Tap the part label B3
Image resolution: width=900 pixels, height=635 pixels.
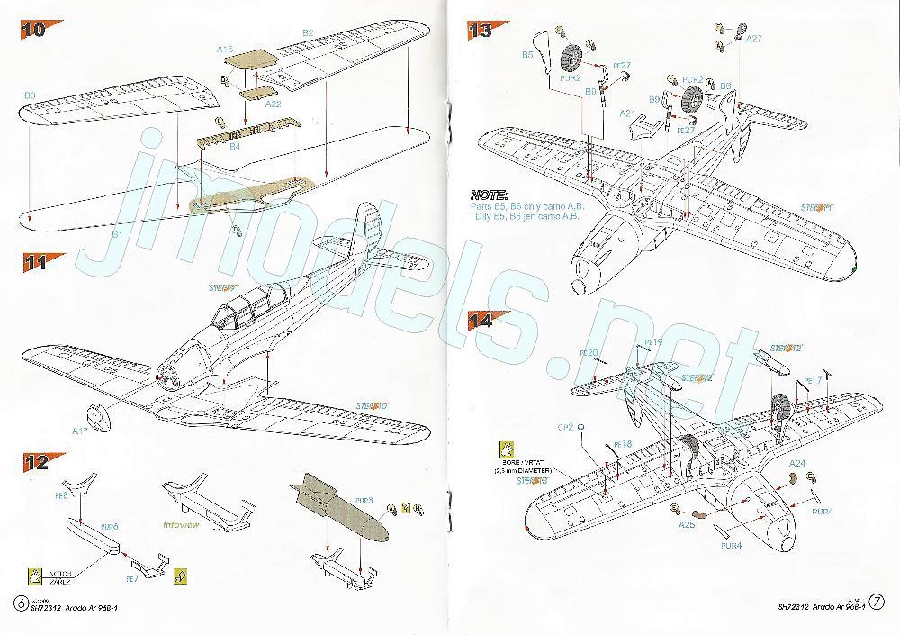(30, 94)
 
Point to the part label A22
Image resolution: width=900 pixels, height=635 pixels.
(274, 104)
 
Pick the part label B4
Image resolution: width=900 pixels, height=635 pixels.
(235, 145)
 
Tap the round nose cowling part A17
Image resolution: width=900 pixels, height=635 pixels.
(97, 417)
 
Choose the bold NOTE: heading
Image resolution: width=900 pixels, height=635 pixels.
(490, 195)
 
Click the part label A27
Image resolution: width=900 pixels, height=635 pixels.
(754, 39)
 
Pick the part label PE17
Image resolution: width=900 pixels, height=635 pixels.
(811, 379)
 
